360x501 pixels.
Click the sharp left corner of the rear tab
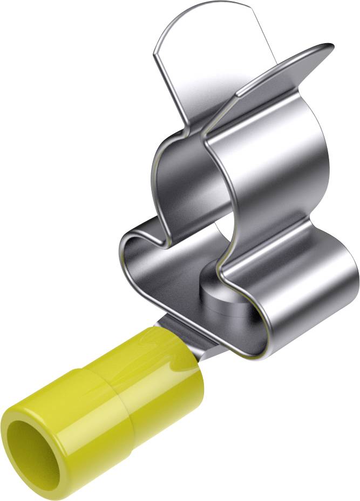tap(154, 53)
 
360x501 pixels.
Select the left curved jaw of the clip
tap(173, 173)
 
